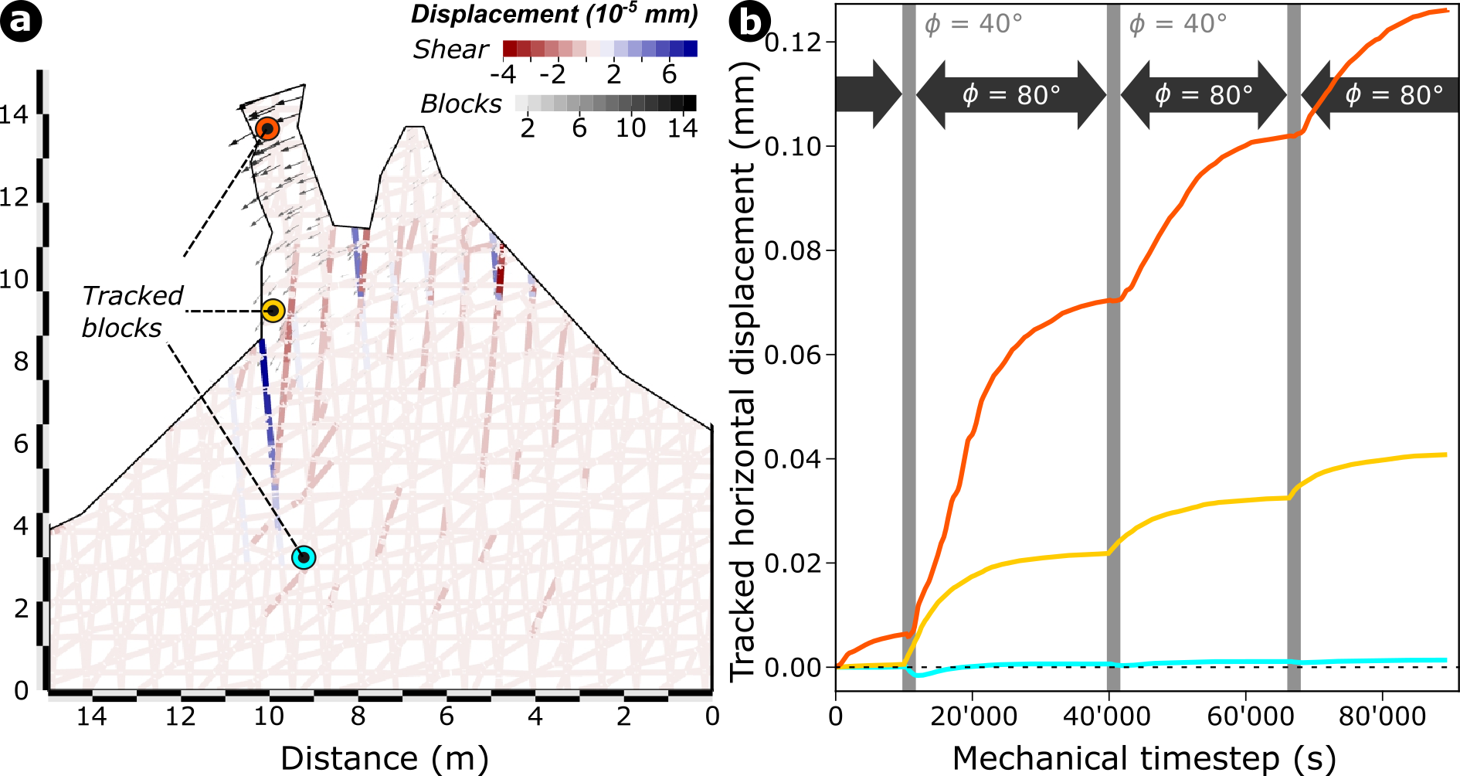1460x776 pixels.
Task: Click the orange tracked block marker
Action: coord(267,128)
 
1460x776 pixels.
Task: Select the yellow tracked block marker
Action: coord(273,311)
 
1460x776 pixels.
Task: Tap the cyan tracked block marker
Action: coord(304,557)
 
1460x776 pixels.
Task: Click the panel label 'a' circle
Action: coord(21,21)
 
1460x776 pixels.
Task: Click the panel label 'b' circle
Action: coord(750,22)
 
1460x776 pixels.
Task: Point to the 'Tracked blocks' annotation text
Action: coord(132,311)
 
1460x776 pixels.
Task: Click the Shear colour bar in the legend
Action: coord(599,49)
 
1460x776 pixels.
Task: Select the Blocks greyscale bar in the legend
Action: coord(605,103)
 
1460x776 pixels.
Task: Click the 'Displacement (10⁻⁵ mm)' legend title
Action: coord(554,14)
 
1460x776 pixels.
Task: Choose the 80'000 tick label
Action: coord(1382,716)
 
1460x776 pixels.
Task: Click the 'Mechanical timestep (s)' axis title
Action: coord(1143,758)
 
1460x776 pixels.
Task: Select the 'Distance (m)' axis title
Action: coord(384,758)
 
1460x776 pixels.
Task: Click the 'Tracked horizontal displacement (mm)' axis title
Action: coord(743,371)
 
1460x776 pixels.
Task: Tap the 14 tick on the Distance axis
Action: coord(91,716)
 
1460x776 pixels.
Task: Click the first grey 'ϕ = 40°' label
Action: coord(973,24)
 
